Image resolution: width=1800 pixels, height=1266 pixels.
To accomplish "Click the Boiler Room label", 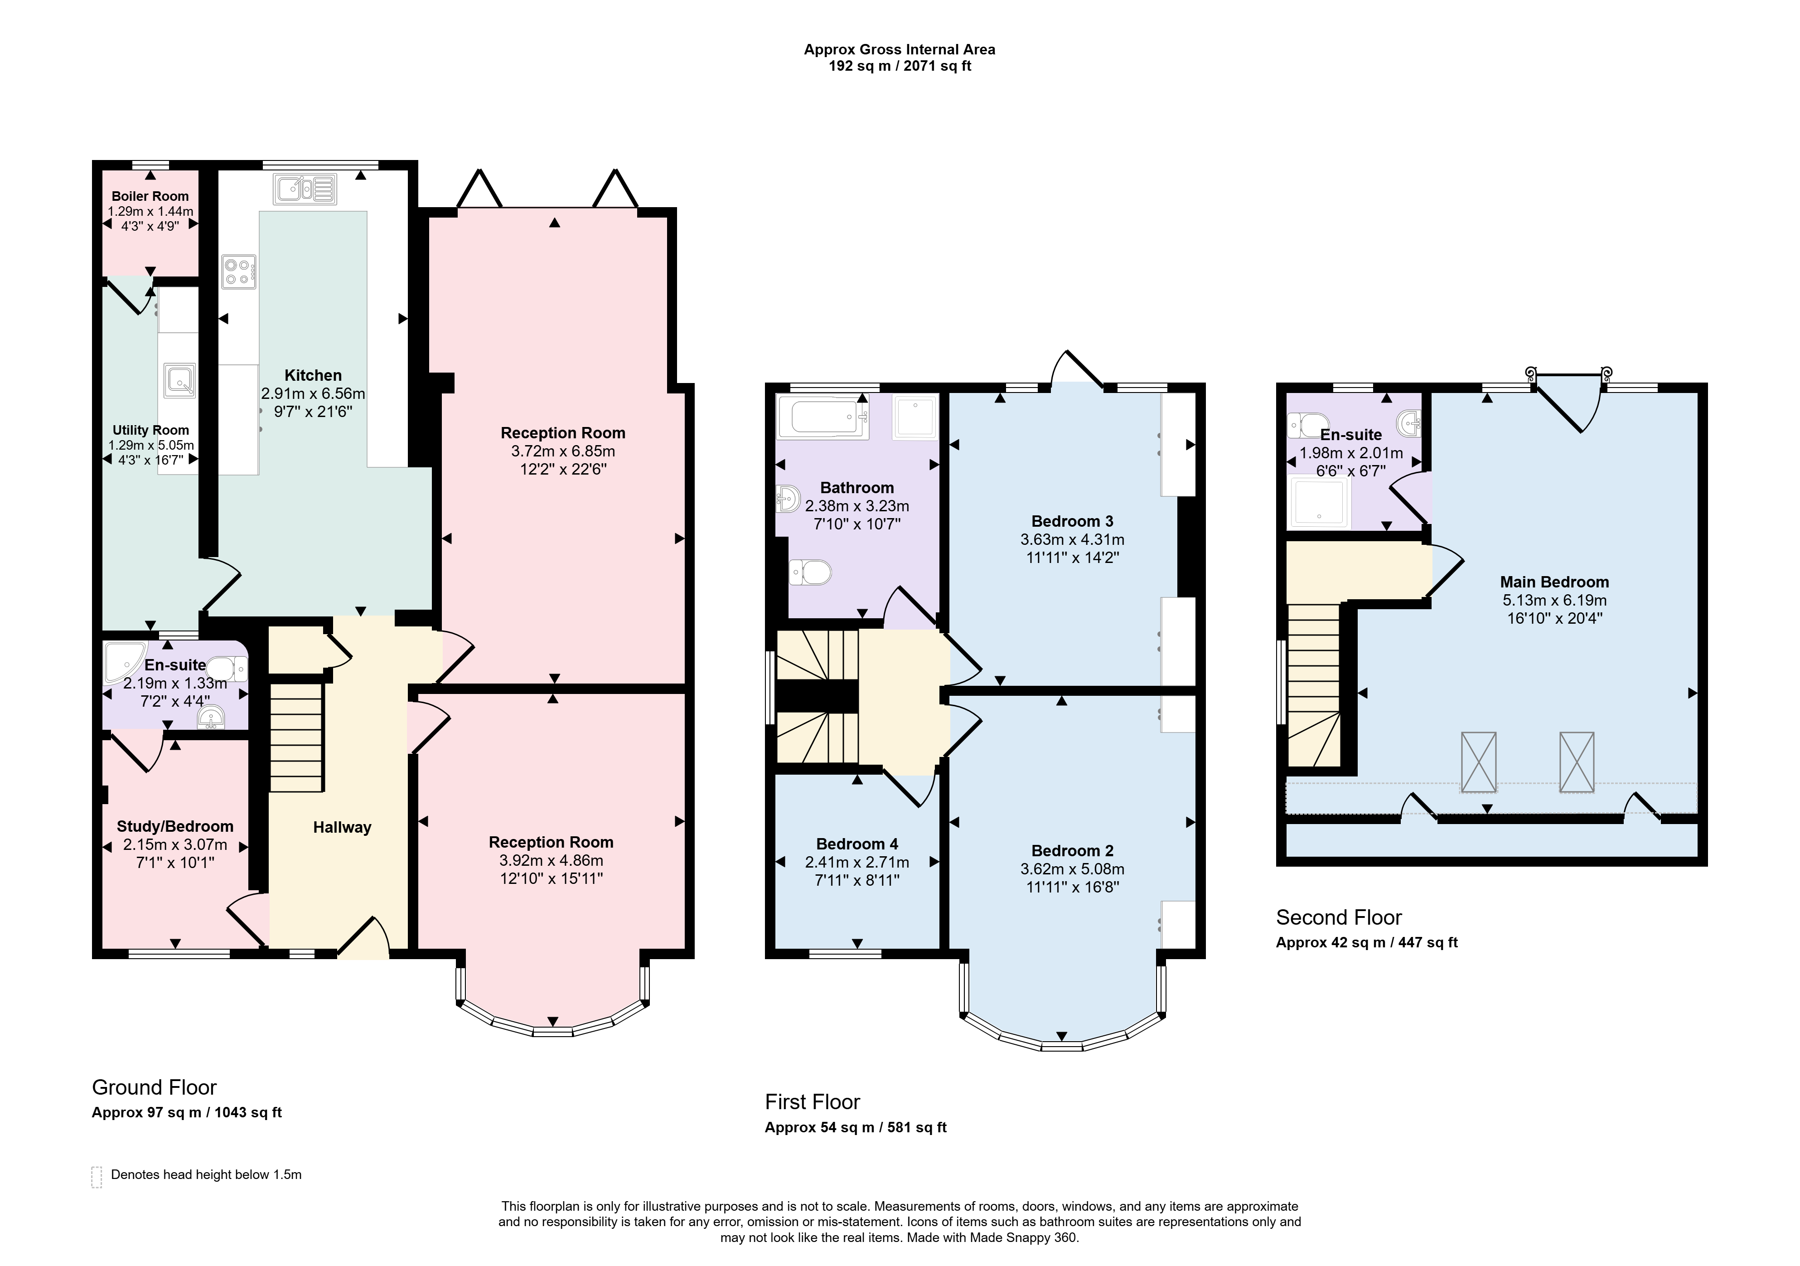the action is (x=150, y=196).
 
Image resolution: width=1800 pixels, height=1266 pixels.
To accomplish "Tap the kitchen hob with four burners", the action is (x=238, y=272).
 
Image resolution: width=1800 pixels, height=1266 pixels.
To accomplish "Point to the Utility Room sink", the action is (x=179, y=380).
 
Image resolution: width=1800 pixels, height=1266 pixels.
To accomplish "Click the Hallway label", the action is (x=342, y=828).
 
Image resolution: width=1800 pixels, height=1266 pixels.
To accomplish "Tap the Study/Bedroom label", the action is (x=175, y=827).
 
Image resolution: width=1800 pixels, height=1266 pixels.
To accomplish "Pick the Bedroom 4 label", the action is (x=857, y=844).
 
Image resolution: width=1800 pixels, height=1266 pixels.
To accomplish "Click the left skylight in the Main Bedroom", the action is (x=1479, y=762).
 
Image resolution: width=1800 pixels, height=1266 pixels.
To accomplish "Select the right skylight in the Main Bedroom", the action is (x=1577, y=762).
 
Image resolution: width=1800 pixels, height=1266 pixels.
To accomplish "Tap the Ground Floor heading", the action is (x=155, y=1088).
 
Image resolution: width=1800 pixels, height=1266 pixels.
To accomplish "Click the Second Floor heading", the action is (x=1339, y=918).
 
